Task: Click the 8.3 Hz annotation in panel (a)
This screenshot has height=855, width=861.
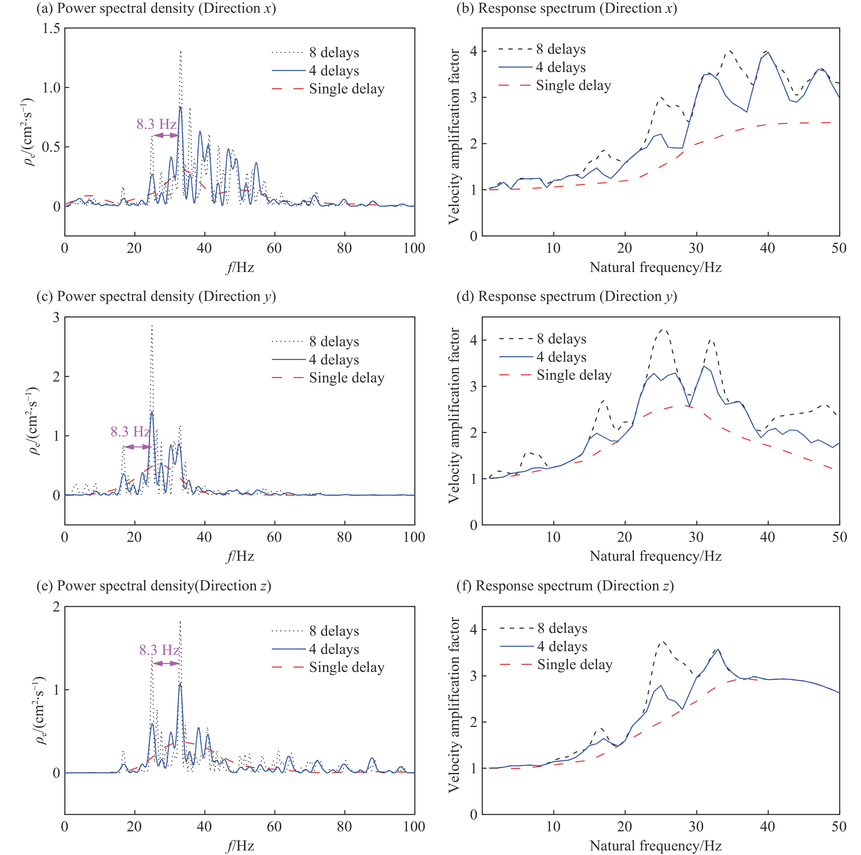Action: pyautogui.click(x=156, y=124)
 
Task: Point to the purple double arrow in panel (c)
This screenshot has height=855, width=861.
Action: pyautogui.click(x=137, y=447)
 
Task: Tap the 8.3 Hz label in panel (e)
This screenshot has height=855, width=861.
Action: pyautogui.click(x=159, y=650)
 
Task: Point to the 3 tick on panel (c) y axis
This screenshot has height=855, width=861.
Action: pyautogui.click(x=56, y=317)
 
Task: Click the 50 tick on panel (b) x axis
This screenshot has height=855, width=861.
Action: pyautogui.click(x=839, y=248)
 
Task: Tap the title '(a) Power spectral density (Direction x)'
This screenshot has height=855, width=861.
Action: pyautogui.click(x=156, y=8)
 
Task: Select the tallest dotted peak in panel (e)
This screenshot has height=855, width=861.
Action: pyautogui.click(x=180, y=622)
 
